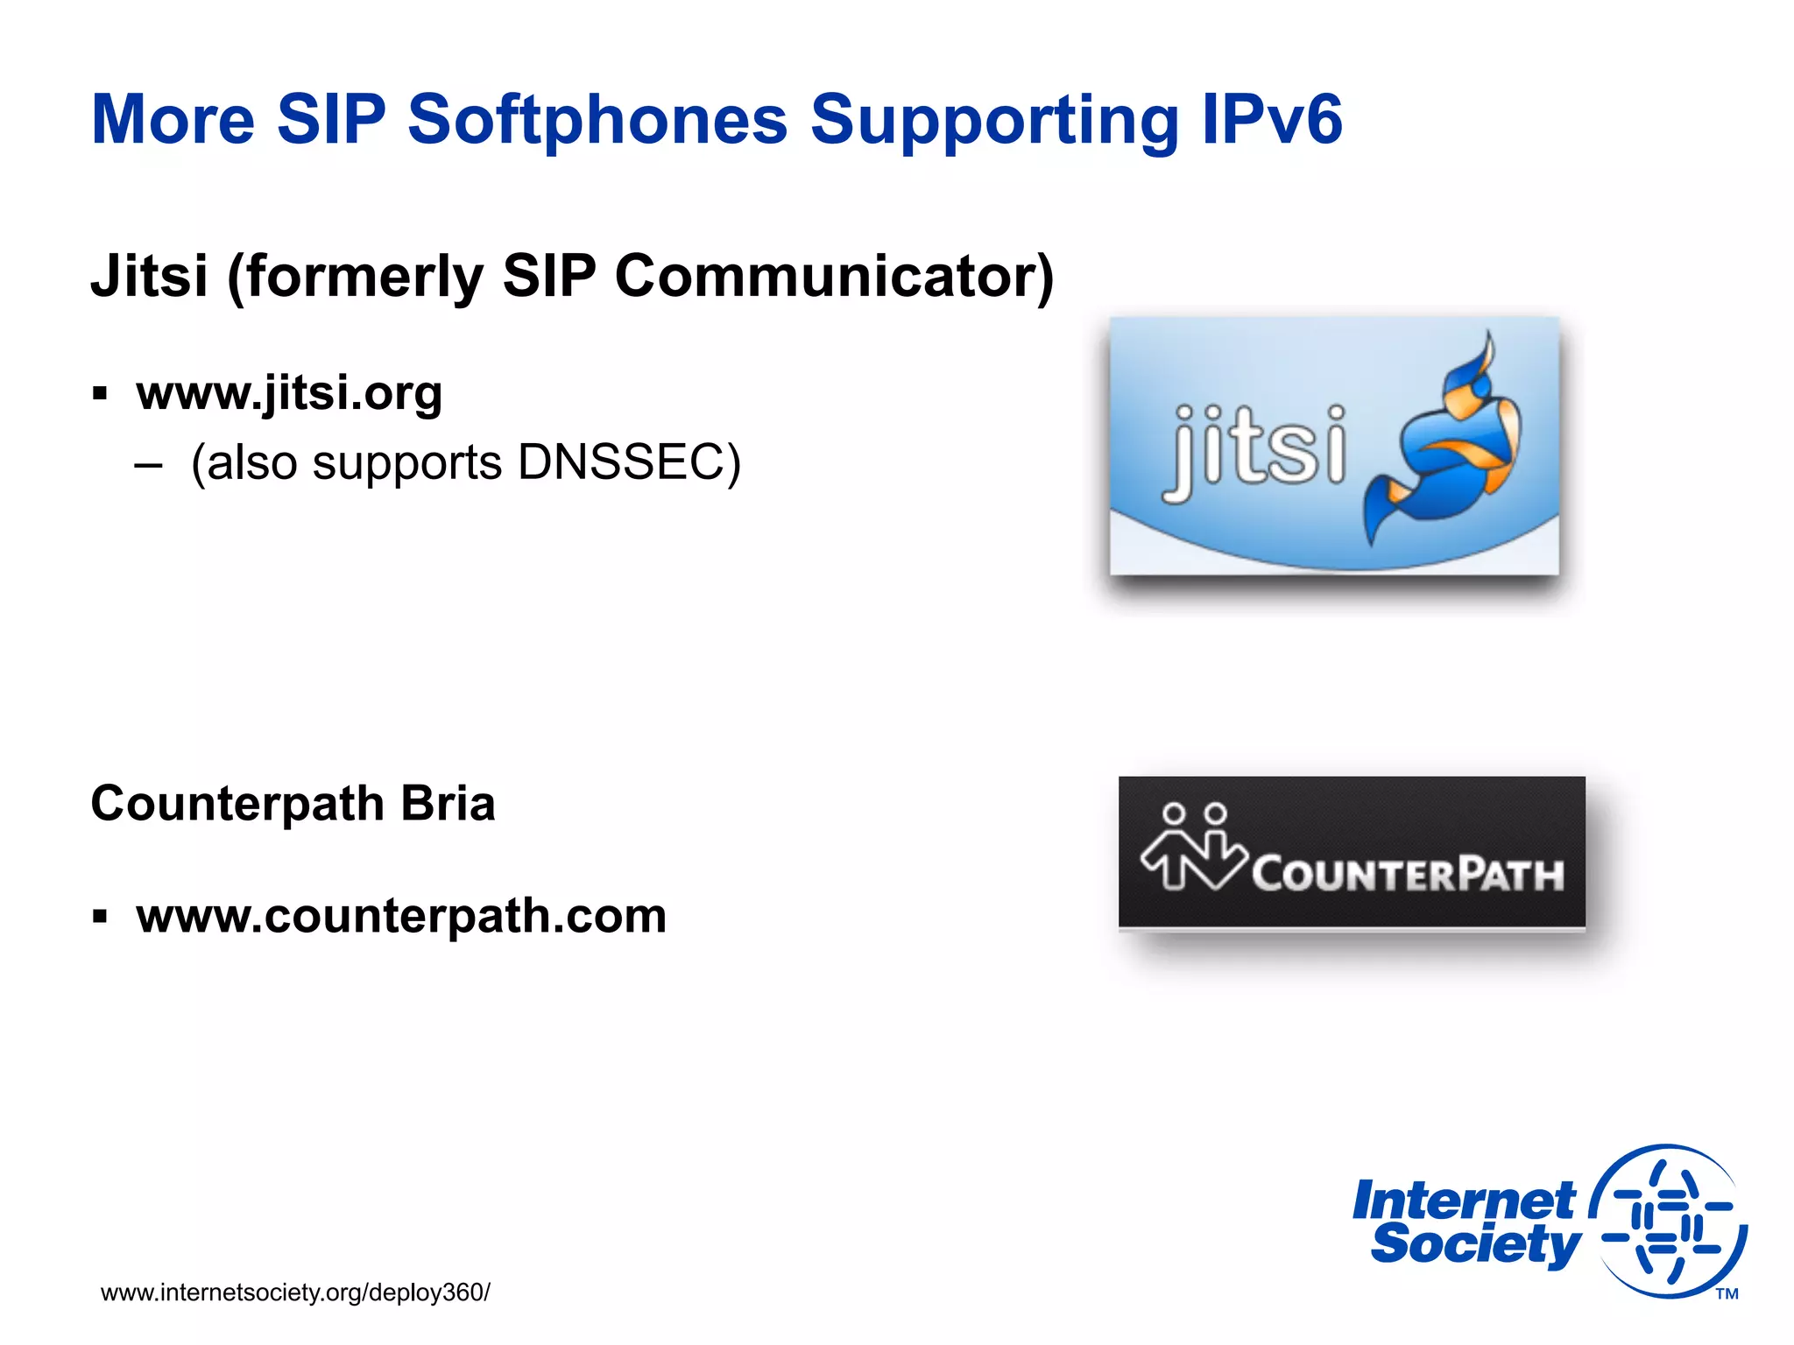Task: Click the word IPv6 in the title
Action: tap(1271, 120)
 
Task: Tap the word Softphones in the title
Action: tap(597, 120)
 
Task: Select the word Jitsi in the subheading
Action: tap(150, 277)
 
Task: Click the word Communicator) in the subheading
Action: tap(834, 277)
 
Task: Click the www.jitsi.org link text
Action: tap(289, 392)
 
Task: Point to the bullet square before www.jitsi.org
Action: tap(100, 393)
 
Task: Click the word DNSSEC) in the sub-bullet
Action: tap(629, 462)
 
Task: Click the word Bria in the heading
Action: tap(448, 803)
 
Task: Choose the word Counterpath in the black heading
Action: tap(237, 803)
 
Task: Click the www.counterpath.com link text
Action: tap(401, 916)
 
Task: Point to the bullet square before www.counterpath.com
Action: tap(100, 917)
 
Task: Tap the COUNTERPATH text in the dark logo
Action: tap(1407, 874)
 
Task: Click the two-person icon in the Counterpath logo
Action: tap(1193, 848)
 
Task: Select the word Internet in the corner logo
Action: tap(1463, 1201)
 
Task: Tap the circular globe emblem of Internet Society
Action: tap(1669, 1222)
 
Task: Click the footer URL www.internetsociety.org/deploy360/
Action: tap(295, 1292)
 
